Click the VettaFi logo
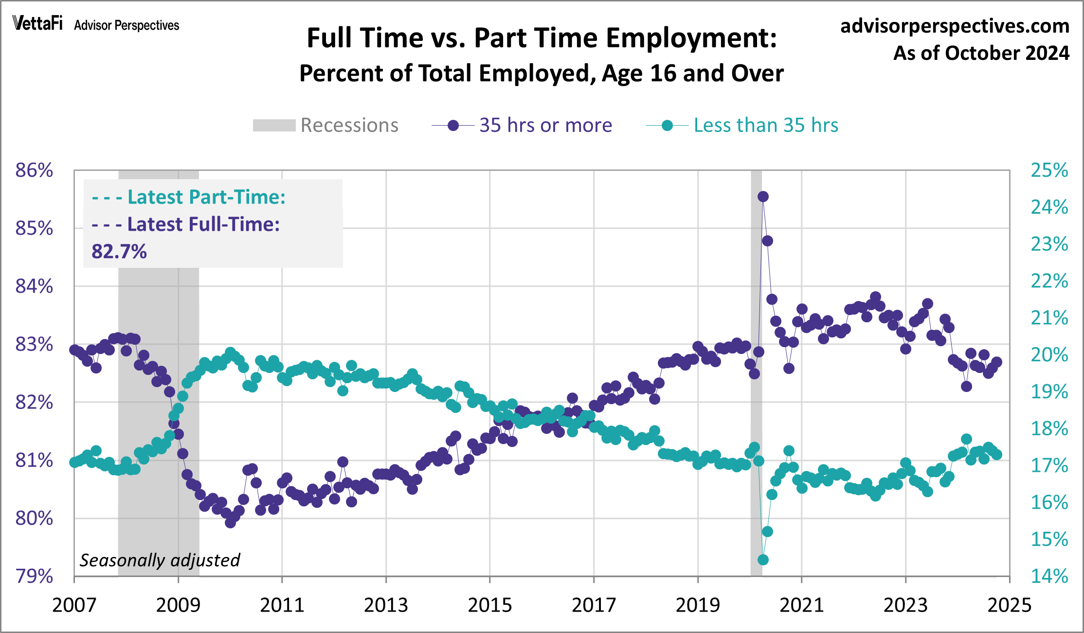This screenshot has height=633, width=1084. pos(37,23)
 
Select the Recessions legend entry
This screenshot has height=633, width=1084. pos(325,125)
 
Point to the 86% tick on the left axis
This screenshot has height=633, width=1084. pos(34,170)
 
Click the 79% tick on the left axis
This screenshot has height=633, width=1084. pos(34,576)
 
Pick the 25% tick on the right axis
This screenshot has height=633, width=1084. pos(1049,170)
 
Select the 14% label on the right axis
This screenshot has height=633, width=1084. pos(1049,576)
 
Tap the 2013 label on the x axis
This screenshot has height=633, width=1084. pos(386,605)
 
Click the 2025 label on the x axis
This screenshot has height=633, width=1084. pos(1009,605)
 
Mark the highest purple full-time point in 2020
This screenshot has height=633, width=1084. pos(763,196)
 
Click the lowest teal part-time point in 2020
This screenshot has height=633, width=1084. pos(763,560)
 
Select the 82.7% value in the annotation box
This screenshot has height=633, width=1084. pos(119,252)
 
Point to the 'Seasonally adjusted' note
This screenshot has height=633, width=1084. pos(160,560)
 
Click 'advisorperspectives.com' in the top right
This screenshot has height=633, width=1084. pos(955,26)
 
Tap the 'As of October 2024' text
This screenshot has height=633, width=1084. pos(981,53)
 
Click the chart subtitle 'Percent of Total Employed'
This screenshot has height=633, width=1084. pos(541,74)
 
